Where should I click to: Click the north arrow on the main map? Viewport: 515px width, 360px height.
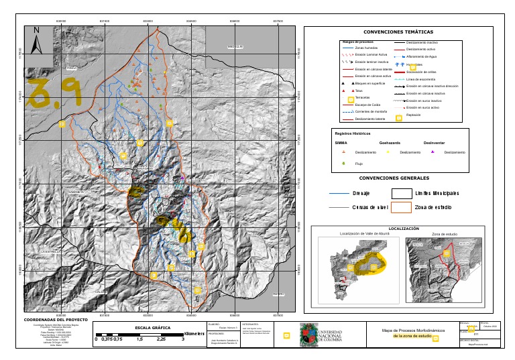(37, 33)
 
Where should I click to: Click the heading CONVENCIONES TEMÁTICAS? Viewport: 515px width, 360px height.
(398, 32)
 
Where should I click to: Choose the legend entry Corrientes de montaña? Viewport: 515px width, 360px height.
(370, 111)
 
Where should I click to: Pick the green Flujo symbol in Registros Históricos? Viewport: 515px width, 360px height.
(344, 163)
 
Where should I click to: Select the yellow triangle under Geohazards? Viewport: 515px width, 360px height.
(388, 152)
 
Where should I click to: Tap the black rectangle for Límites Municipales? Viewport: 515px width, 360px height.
(402, 193)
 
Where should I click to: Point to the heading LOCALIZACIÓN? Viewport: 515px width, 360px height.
(403, 229)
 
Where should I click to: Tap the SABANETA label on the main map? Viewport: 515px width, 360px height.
(75, 192)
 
